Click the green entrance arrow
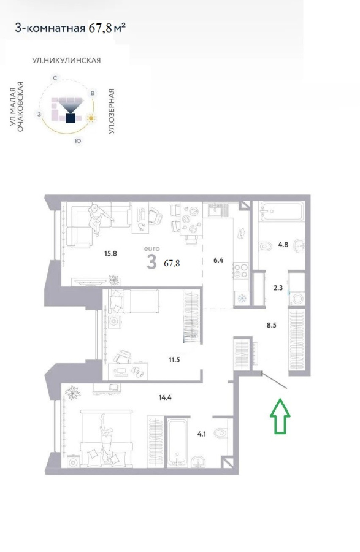[x=280, y=416]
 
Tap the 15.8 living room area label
[x=110, y=253]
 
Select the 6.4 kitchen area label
[x=218, y=260]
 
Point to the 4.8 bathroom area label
[x=283, y=244]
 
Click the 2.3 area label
[x=278, y=288]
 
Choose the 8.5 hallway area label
[x=271, y=325]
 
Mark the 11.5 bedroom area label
[x=174, y=360]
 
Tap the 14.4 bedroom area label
[x=165, y=397]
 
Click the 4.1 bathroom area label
[x=202, y=434]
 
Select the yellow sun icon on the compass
[x=91, y=118]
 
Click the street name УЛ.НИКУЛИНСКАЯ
[x=66, y=60]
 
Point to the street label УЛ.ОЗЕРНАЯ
[x=112, y=111]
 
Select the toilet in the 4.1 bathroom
[x=221, y=432]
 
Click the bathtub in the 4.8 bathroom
[x=281, y=211]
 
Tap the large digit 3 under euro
[x=151, y=261]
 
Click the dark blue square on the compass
[x=71, y=118]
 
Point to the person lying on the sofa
[x=99, y=219]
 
